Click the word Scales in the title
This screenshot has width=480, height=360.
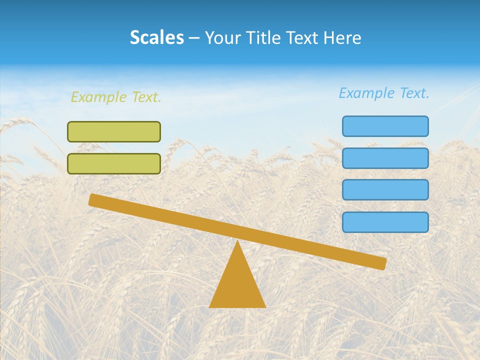(156, 38)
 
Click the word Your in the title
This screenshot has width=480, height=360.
(223, 38)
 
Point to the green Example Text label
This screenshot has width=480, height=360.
(116, 97)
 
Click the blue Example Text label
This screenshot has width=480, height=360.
(384, 93)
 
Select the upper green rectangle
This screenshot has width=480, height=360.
(114, 131)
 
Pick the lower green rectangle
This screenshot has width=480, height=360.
(114, 163)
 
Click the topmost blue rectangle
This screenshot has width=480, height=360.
(385, 126)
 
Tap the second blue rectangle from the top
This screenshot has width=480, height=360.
(385, 158)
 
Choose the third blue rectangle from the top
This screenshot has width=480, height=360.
(385, 190)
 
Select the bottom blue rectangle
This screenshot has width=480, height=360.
(385, 222)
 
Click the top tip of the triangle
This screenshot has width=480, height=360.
(237, 242)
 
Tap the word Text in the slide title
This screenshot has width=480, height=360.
(300, 38)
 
